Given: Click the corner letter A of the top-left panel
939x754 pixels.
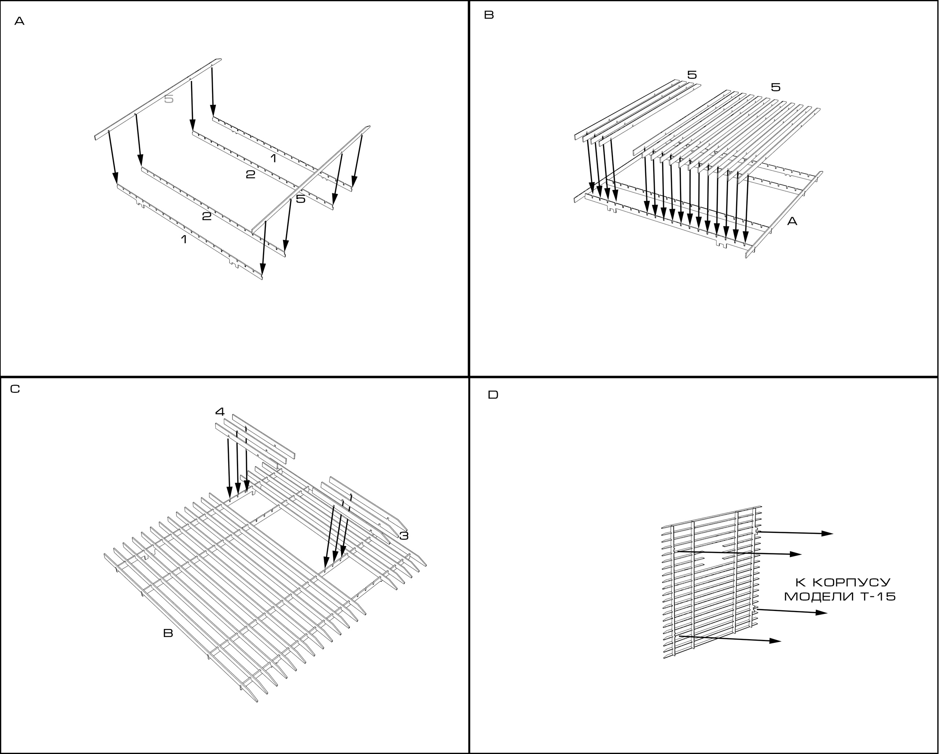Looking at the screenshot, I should pos(19,21).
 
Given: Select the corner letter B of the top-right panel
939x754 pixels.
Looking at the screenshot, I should pos(489,15).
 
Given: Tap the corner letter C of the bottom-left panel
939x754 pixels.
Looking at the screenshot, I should pos(15,389).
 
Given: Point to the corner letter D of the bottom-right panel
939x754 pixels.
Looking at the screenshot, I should pos(493,395).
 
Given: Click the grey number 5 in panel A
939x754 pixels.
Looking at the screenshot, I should pos(169,99).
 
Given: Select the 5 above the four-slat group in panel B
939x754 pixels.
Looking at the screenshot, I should pos(692,75).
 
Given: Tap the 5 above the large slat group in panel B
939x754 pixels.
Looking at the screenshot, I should pos(776,87).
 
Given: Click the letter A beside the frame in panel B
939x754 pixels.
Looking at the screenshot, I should pos(792,222).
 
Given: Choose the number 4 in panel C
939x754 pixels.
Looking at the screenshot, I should pos(220,411).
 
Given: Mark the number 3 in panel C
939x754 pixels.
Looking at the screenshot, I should pos(404,536).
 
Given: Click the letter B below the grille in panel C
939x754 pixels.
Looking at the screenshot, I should pos(168,633).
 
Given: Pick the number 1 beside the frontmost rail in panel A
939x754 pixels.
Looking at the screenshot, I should pos(184,239).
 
